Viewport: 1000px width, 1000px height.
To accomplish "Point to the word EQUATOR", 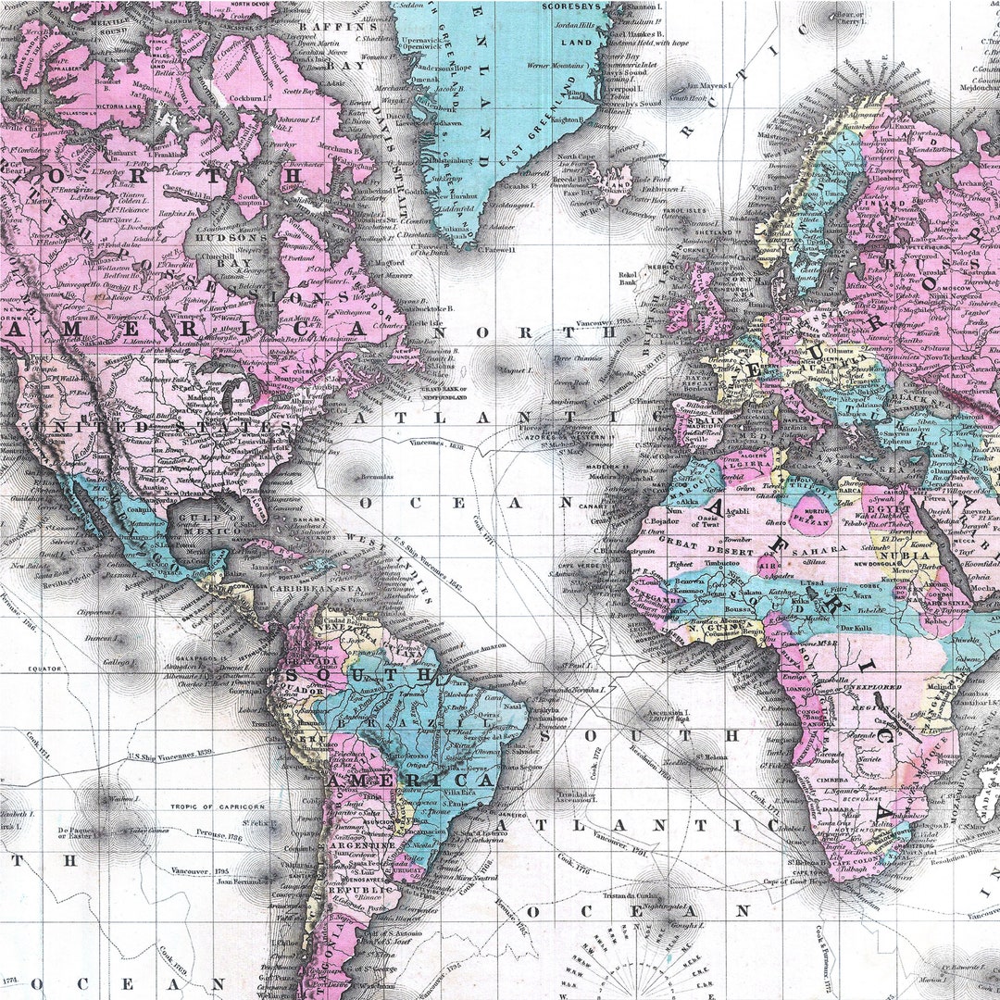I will coord(44,667).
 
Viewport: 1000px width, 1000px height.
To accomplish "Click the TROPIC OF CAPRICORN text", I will coord(217,806).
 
